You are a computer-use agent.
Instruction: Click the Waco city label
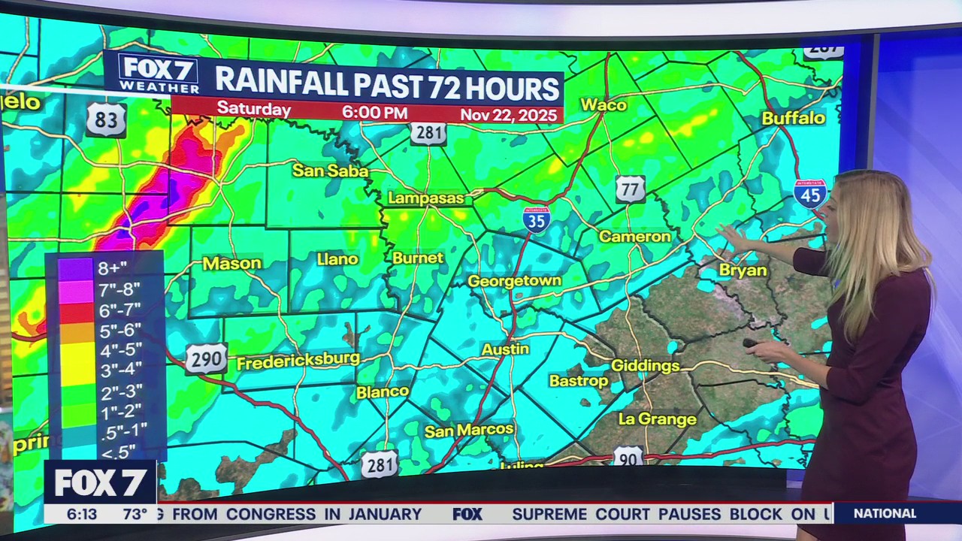click(x=603, y=105)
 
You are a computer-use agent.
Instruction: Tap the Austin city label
click(x=505, y=349)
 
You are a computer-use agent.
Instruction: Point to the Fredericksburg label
click(x=298, y=361)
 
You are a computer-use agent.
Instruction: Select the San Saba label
click(x=330, y=171)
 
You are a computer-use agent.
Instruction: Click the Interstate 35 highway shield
click(x=537, y=218)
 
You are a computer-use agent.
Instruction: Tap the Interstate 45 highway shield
click(x=809, y=193)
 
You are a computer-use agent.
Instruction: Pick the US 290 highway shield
click(x=206, y=359)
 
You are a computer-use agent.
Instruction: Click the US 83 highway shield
click(x=105, y=119)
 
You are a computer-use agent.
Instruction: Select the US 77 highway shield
click(x=630, y=189)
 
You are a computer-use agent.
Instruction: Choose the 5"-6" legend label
click(x=119, y=329)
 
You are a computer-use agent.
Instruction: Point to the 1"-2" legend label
click(x=119, y=410)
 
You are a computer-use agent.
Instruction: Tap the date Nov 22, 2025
click(x=509, y=115)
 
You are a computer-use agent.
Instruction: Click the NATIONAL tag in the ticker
click(x=885, y=514)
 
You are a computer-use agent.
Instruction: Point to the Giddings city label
click(x=645, y=366)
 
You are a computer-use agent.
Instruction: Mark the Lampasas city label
click(x=426, y=198)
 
